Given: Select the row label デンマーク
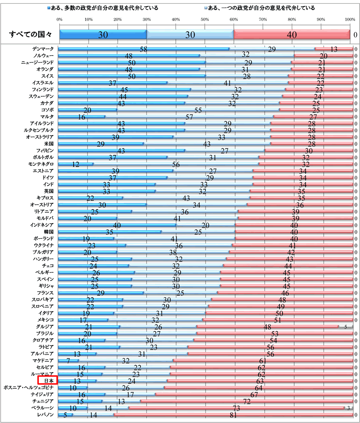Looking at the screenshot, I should point(43,49).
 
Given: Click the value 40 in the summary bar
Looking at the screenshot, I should point(292,35).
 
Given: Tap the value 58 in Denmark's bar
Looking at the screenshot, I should point(143,49).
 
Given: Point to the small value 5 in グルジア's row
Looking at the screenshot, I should point(345,327).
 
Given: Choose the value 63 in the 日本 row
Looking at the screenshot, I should point(261,381).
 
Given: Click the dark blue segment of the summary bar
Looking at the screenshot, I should point(103,35).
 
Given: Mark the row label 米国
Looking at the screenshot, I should point(48,144).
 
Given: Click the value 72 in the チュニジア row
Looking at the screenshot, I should point(247,401).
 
